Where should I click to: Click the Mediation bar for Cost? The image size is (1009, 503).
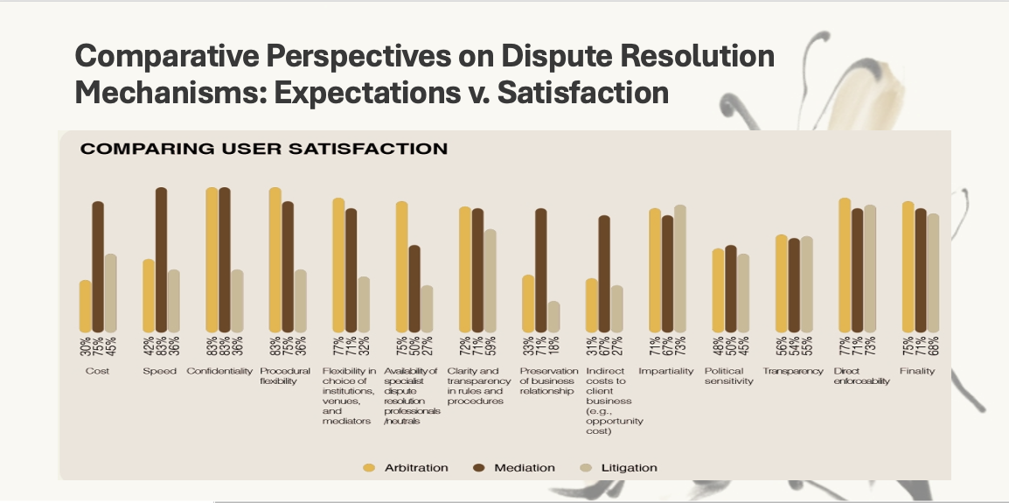click(98, 267)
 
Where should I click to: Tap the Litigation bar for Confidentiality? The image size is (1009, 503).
click(237, 301)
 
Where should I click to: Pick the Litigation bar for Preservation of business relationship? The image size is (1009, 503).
click(553, 317)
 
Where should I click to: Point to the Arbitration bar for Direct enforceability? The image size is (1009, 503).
click(844, 265)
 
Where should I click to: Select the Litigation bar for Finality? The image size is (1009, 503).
click(932, 273)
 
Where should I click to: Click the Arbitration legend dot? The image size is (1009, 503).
click(369, 468)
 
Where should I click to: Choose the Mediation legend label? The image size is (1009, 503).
click(525, 468)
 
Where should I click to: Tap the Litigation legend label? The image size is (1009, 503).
click(629, 468)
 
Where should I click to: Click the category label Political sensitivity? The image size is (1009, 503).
click(728, 376)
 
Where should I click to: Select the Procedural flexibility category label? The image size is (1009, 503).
click(285, 376)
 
